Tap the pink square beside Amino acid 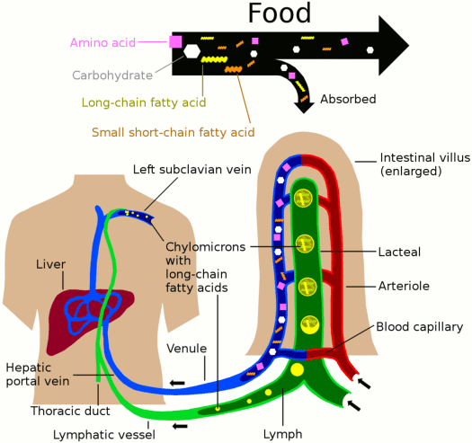coord(176,40)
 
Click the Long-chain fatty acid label coord(144,102)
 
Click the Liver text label coord(50,264)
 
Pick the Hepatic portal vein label coord(32,374)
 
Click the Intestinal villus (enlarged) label coord(424,164)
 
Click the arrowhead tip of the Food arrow coord(407,40)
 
